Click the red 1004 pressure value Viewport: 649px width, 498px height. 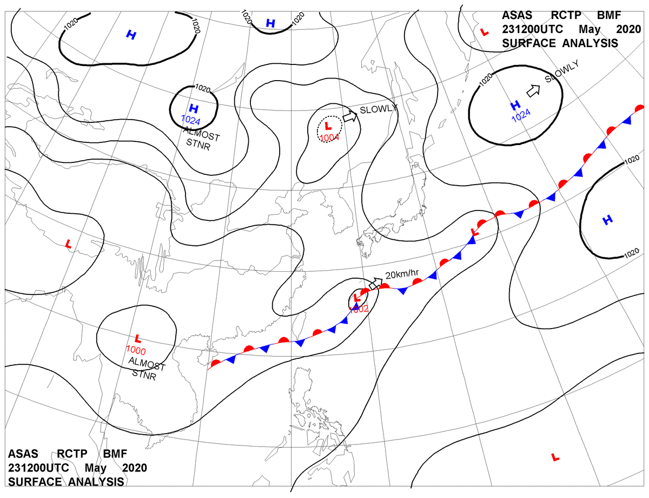pos(329,137)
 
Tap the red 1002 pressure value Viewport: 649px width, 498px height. pos(359,309)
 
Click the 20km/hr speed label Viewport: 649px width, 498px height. pos(402,274)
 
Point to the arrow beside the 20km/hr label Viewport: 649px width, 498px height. pos(375,283)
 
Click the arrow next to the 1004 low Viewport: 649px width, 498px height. pos(350,116)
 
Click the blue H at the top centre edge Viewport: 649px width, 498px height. pos(270,23)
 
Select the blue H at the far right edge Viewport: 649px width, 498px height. pos(608,220)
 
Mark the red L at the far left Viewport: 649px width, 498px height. pos(68,245)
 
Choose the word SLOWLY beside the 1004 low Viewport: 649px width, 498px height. pos(379,108)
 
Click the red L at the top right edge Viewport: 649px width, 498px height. pos(485,33)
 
